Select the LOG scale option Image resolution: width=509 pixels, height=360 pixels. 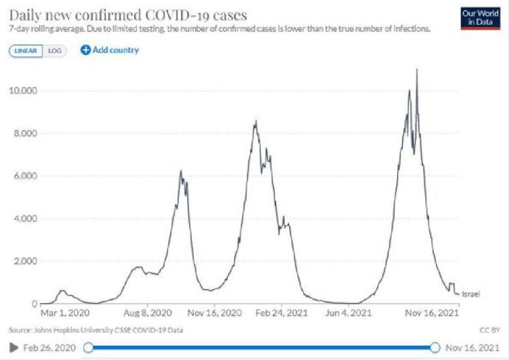[x=54, y=50]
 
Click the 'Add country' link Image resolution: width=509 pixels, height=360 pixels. [x=110, y=50]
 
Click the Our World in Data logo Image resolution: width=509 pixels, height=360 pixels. [x=476, y=18]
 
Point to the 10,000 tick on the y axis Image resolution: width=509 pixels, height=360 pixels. [x=23, y=90]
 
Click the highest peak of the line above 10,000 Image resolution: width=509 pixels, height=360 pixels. [x=417, y=70]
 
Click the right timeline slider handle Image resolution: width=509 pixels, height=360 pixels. [x=436, y=347]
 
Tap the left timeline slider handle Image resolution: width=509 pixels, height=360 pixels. [x=88, y=347]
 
